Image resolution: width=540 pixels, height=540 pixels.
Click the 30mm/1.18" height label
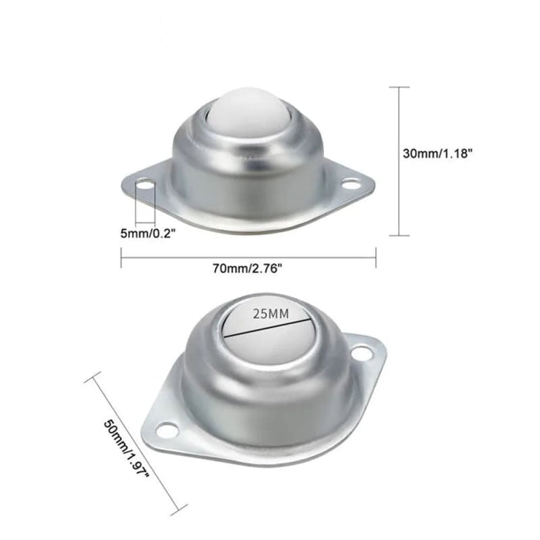point(437,153)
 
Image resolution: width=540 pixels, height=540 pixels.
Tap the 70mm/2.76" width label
point(248,268)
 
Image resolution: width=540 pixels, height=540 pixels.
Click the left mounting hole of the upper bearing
point(144,187)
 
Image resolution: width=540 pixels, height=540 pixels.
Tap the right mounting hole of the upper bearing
point(352,185)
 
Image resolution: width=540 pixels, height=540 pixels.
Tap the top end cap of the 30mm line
point(398,87)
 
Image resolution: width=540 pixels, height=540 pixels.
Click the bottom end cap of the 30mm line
point(398,235)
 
